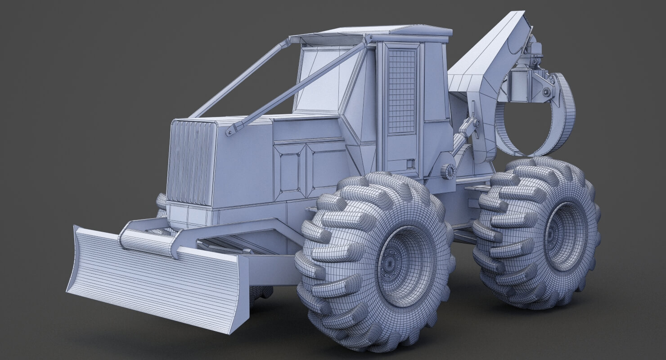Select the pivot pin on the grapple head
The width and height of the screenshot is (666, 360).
546,92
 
